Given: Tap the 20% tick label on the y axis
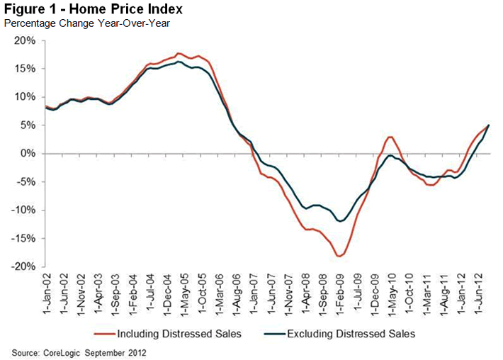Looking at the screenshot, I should pyautogui.click(x=25, y=40).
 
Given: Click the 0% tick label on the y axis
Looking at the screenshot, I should pyautogui.click(x=28, y=154).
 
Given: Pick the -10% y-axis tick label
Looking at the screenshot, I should pyautogui.click(x=23, y=210).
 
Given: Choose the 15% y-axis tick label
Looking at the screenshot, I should pyautogui.click(x=25, y=69).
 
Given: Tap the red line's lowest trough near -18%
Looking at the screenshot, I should pyautogui.click(x=340, y=256).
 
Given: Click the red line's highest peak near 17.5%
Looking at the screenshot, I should pyautogui.click(x=179, y=53).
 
